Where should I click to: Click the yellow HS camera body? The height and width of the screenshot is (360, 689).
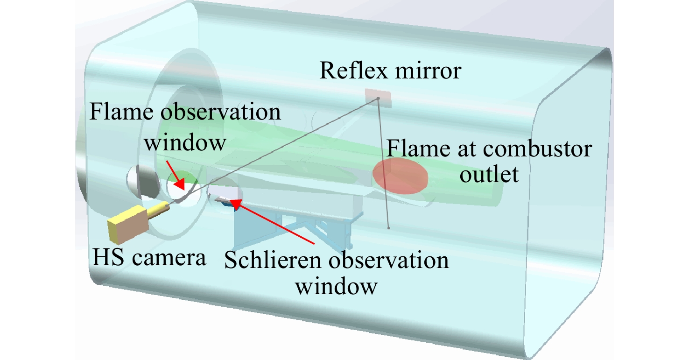(x=127, y=225)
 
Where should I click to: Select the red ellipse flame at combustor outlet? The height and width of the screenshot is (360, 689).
(x=400, y=176)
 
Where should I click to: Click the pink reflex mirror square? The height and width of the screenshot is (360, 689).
(x=378, y=98)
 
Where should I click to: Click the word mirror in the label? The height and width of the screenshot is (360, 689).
(x=428, y=71)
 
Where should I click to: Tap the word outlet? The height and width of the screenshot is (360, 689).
(x=489, y=174)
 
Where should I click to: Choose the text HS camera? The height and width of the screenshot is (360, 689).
(x=149, y=257)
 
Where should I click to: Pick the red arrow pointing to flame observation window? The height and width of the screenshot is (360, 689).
(x=176, y=175)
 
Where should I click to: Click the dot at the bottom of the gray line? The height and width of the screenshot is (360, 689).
(x=389, y=228)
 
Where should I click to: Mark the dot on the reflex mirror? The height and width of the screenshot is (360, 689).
(x=378, y=99)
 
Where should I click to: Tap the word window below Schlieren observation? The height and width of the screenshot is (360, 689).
(x=336, y=287)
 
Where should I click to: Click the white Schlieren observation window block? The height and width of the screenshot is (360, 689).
(x=225, y=192)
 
